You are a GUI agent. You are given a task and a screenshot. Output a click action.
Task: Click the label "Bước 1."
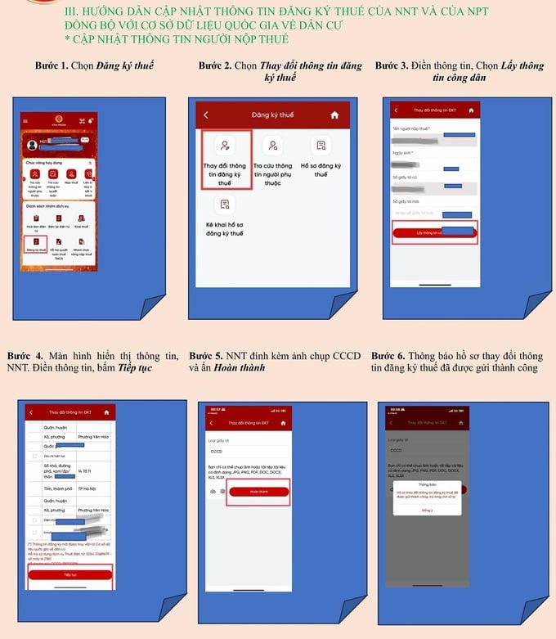point(52,65)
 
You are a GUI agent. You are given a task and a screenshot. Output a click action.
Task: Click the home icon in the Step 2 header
point(334,115)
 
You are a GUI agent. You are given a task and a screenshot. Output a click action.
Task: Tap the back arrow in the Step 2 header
point(206,115)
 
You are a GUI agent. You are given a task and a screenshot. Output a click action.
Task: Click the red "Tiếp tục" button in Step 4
point(69,575)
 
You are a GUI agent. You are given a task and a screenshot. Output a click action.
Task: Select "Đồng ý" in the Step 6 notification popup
point(426,510)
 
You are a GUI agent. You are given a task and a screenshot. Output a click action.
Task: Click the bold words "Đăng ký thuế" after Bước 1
point(125,65)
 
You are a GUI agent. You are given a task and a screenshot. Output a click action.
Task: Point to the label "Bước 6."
point(390,356)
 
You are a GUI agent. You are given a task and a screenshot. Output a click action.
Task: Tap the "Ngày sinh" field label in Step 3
point(402,153)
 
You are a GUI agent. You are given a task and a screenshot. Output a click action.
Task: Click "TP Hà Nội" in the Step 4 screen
point(89,488)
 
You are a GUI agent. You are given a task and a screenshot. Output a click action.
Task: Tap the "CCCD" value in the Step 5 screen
point(217,451)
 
